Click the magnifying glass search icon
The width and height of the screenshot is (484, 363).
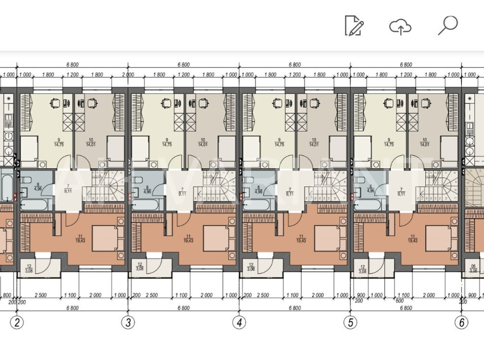tap(448, 25)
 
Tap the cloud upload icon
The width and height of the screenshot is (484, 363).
tap(400, 27)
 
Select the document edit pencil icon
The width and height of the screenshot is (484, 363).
tap(354, 26)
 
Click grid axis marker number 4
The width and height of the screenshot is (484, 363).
tap(239, 322)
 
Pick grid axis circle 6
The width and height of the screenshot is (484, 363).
tap(462, 322)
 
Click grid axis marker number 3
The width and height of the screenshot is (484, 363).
tap(128, 322)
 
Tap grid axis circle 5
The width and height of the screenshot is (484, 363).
tap(350, 322)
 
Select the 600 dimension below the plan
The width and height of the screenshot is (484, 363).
tap(400, 301)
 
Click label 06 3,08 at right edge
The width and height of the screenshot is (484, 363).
tap(473, 269)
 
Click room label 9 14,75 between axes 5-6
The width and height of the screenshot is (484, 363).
tap(389, 142)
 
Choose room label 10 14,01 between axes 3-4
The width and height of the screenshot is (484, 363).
tap(203, 142)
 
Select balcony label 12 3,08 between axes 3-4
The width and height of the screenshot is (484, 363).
tap(140, 267)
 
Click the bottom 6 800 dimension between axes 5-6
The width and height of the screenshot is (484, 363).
tap(406, 308)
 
